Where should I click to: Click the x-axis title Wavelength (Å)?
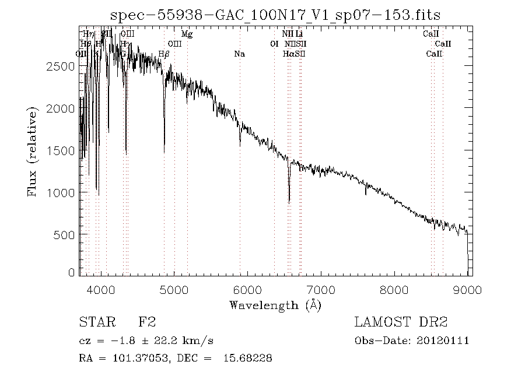coord(275,304)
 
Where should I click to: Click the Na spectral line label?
coord(239,54)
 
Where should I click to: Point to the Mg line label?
coord(187,34)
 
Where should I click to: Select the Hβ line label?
coord(164,54)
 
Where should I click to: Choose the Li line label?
coord(299,34)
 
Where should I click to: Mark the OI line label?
coord(274,44)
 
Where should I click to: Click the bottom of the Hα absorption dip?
coord(289,202)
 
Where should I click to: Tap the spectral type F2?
coord(147,322)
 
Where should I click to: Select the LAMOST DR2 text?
coord(401,322)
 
